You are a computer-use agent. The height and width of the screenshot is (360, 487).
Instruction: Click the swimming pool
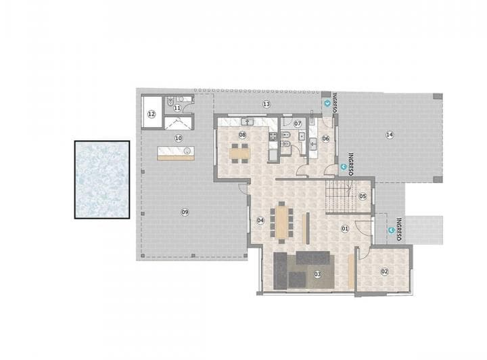[102, 179]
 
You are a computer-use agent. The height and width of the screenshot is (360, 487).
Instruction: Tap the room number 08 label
[241, 135]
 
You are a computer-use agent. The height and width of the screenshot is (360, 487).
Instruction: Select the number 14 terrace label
[390, 135]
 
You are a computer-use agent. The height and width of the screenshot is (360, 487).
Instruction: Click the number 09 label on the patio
[184, 212]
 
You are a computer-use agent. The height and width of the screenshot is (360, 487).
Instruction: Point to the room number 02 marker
[385, 271]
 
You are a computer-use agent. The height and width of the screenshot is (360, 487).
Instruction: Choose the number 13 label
[266, 104]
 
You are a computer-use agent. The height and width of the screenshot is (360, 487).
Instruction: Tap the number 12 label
[152, 114]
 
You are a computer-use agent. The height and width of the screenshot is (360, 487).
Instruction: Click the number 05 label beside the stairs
[363, 196]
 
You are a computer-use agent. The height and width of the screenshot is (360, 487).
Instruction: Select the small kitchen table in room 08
[239, 153]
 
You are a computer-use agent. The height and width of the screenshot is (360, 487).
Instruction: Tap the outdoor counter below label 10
[176, 154]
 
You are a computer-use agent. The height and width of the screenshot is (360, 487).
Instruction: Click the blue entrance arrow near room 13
[329, 104]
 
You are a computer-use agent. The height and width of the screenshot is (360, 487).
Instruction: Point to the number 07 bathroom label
[297, 124]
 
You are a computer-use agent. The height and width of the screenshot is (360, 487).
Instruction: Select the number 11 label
[177, 108]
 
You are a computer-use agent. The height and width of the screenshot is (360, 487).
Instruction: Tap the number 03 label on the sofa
[317, 273]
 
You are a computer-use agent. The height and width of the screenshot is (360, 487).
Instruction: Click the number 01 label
[344, 229]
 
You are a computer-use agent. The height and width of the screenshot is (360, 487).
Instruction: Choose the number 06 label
[325, 139]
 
